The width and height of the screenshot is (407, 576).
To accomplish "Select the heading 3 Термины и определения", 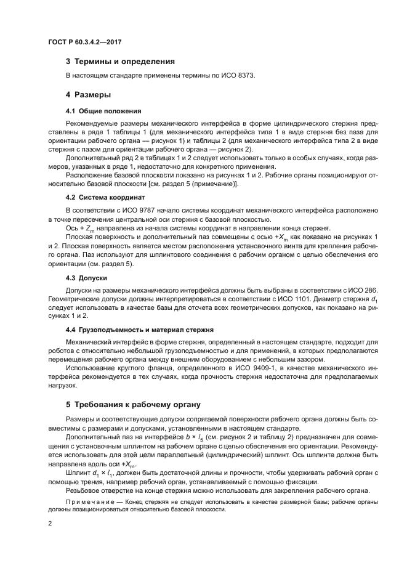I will [x=120, y=62].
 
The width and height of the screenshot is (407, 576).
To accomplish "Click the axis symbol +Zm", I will [x=86, y=227].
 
